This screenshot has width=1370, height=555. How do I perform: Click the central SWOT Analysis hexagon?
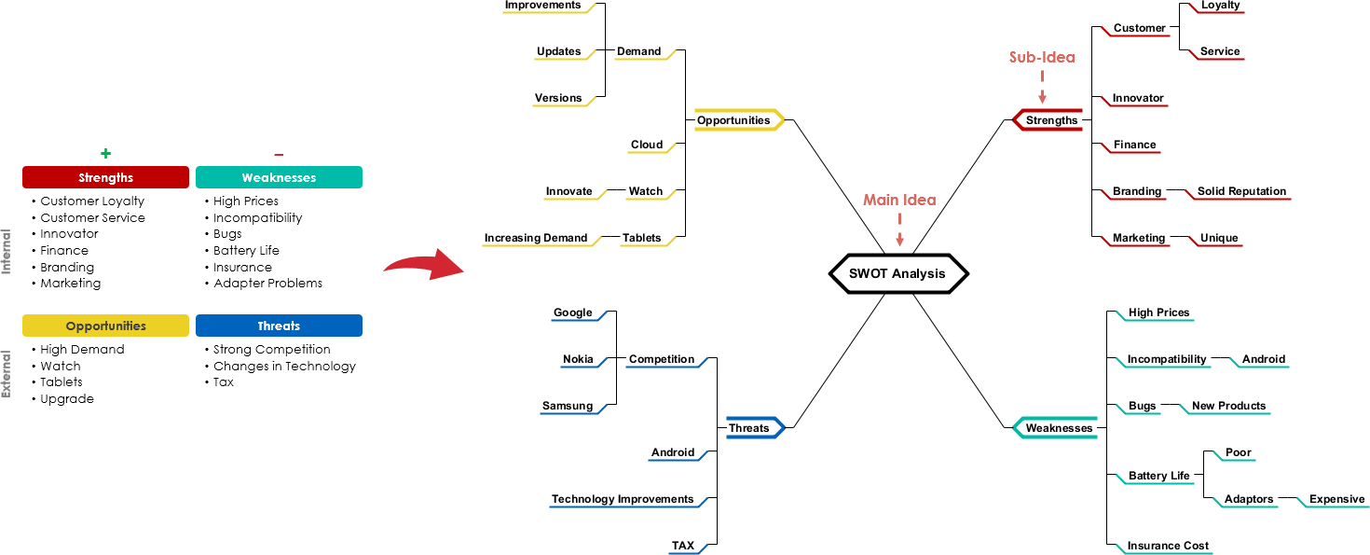(x=897, y=273)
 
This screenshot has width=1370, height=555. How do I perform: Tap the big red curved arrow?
(x=424, y=267)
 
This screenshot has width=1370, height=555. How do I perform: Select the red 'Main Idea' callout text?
(x=898, y=201)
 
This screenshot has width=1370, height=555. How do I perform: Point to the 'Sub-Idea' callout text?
(x=1041, y=58)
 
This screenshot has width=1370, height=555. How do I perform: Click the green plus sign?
(x=105, y=154)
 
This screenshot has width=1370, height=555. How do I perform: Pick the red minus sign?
(x=279, y=155)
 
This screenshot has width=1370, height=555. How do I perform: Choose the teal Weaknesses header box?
(x=279, y=177)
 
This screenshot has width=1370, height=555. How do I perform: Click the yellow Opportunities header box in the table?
(x=105, y=326)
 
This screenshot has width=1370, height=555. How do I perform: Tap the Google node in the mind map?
(x=572, y=312)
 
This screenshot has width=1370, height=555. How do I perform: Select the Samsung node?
(x=567, y=406)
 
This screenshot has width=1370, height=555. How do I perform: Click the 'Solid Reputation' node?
(x=1241, y=191)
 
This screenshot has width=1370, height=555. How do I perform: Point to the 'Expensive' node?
(x=1336, y=499)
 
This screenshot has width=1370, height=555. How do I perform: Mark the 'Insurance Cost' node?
(x=1168, y=546)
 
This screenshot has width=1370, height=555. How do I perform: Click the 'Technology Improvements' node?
(x=623, y=499)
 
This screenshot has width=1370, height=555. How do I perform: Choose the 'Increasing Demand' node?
(x=536, y=238)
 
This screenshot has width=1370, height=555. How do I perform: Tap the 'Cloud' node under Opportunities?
(x=647, y=145)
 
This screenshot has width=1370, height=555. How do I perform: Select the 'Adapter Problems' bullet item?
(x=267, y=284)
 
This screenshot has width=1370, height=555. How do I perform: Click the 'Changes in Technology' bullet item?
(x=284, y=366)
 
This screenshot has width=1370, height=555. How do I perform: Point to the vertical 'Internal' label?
(x=7, y=251)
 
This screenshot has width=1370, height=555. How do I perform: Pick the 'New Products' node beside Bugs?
(x=1228, y=406)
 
